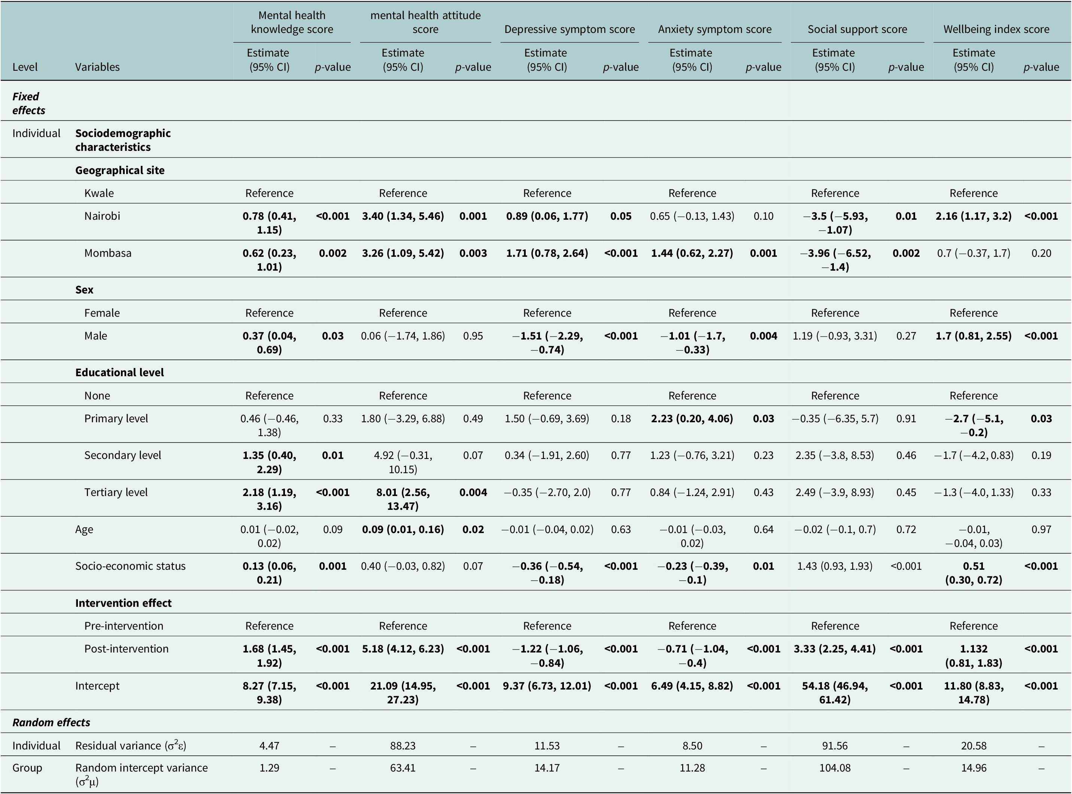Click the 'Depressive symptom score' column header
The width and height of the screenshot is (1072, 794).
pos(570,29)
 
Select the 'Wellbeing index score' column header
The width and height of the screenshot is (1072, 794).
pos(996,29)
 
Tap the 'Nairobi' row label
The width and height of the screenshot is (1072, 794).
pos(102,216)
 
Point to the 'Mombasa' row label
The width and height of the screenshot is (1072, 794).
pos(108,253)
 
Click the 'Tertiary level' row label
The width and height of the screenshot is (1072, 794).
pos(116,492)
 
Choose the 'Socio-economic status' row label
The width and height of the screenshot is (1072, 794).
pos(130,566)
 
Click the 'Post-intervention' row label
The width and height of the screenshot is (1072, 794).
pos(127,648)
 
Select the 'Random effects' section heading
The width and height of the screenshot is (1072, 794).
pos(51,722)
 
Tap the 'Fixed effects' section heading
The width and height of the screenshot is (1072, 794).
pos(29,103)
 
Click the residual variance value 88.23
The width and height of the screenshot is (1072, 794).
pos(403,745)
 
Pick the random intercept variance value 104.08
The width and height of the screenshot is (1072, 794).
pos(835,767)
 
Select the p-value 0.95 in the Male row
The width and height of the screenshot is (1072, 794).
pos(473,335)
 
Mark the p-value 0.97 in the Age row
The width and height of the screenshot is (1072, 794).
pos(1041,529)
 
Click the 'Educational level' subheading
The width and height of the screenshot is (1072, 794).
pos(120,372)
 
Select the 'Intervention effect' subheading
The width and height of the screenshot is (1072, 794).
pos(124,603)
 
